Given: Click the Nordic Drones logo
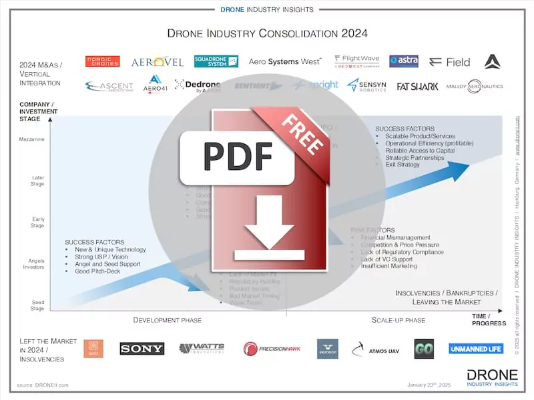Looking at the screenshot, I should (x=102, y=61).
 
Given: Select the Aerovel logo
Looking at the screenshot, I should (x=157, y=62).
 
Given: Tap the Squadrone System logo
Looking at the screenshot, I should (x=216, y=61).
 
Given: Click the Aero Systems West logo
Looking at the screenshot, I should (x=285, y=61).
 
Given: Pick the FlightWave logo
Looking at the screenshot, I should (x=356, y=61).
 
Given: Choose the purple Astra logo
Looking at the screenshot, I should (x=403, y=61).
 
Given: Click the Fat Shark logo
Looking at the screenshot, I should (x=417, y=87).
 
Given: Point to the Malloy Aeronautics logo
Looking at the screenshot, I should (x=475, y=87).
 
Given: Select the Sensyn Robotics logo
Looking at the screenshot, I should (x=366, y=85).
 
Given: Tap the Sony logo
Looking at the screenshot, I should (x=142, y=349).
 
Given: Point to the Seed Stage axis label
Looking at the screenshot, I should (x=37, y=305).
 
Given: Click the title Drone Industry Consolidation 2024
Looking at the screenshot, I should (x=266, y=33).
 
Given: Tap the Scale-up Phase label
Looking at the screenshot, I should (x=398, y=320).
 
